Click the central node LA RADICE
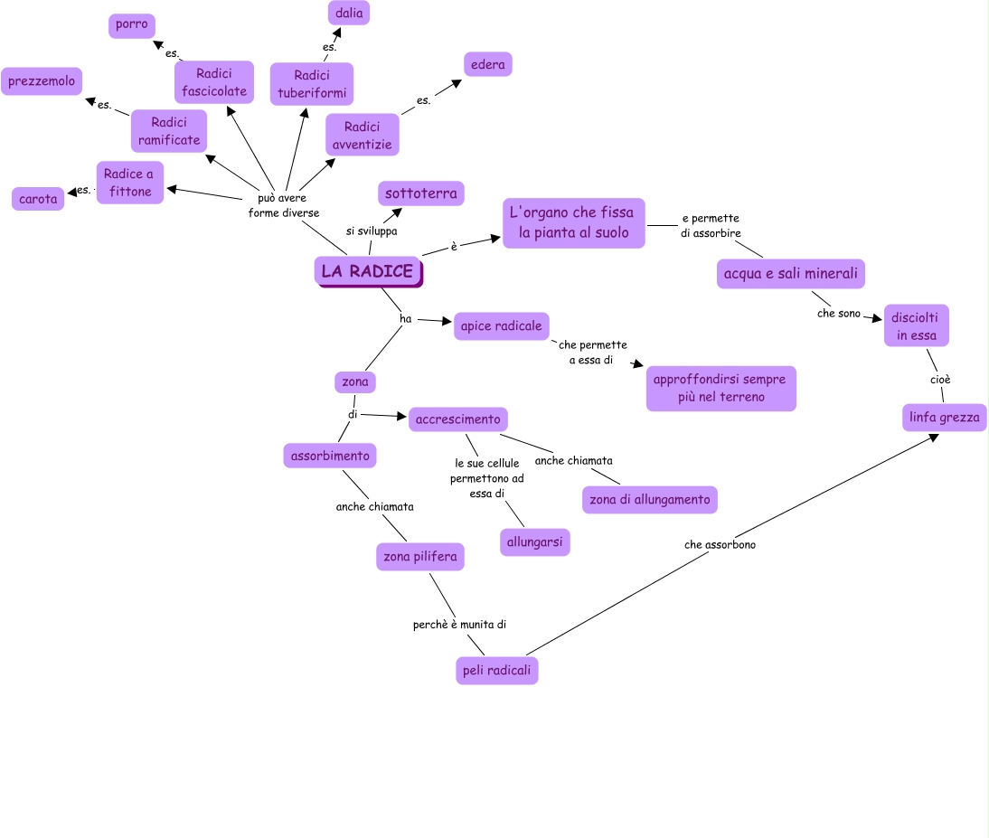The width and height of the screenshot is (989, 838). pyautogui.click(x=368, y=271)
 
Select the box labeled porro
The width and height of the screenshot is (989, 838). pyautogui.click(x=132, y=24)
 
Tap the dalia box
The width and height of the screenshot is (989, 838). pyautogui.click(x=349, y=13)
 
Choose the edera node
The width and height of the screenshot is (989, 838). pyautogui.click(x=488, y=64)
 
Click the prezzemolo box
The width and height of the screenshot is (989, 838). pyautogui.click(x=42, y=81)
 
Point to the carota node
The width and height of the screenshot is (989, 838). pyautogui.click(x=38, y=199)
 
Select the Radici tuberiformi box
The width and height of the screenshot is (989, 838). pyautogui.click(x=312, y=84)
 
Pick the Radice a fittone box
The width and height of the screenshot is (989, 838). pyautogui.click(x=130, y=183)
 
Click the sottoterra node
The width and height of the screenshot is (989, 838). pyautogui.click(x=421, y=193)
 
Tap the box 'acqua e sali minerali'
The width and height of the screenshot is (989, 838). pyautogui.click(x=791, y=273)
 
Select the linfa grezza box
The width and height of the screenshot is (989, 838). pyautogui.click(x=945, y=418)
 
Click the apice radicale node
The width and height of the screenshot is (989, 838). pyautogui.click(x=502, y=325)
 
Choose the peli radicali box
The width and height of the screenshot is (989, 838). pyautogui.click(x=497, y=670)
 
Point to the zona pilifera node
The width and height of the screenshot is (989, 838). pyautogui.click(x=420, y=557)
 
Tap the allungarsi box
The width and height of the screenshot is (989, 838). pyautogui.click(x=535, y=541)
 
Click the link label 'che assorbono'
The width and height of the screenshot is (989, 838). pyautogui.click(x=720, y=545)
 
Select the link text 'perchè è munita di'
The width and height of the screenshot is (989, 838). pyautogui.click(x=459, y=624)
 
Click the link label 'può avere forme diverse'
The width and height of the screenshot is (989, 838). pyautogui.click(x=284, y=205)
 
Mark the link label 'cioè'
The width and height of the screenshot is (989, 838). pyautogui.click(x=940, y=380)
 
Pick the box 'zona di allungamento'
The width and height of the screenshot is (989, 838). pyautogui.click(x=650, y=499)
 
